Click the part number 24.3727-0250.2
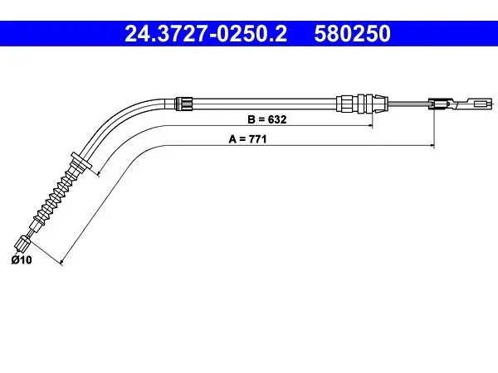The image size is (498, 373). [x=206, y=34]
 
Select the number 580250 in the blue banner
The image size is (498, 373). [x=352, y=34]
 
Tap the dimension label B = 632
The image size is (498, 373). [x=266, y=119]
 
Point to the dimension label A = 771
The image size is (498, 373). [x=247, y=139]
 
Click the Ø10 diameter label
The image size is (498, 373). [x=22, y=260]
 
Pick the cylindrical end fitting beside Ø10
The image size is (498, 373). [x=22, y=243]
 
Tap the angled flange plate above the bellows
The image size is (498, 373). [x=81, y=161]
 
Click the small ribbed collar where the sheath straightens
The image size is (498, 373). [x=184, y=104]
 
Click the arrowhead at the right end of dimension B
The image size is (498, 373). [x=370, y=126]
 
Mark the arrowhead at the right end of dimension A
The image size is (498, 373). [x=432, y=146]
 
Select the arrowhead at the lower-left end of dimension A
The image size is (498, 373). [x=61, y=262]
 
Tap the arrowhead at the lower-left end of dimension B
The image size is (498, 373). [x=99, y=173]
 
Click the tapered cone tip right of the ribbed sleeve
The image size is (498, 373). [x=380, y=103]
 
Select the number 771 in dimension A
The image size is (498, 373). [x=257, y=139]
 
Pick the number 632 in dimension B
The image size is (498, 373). [x=277, y=119]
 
